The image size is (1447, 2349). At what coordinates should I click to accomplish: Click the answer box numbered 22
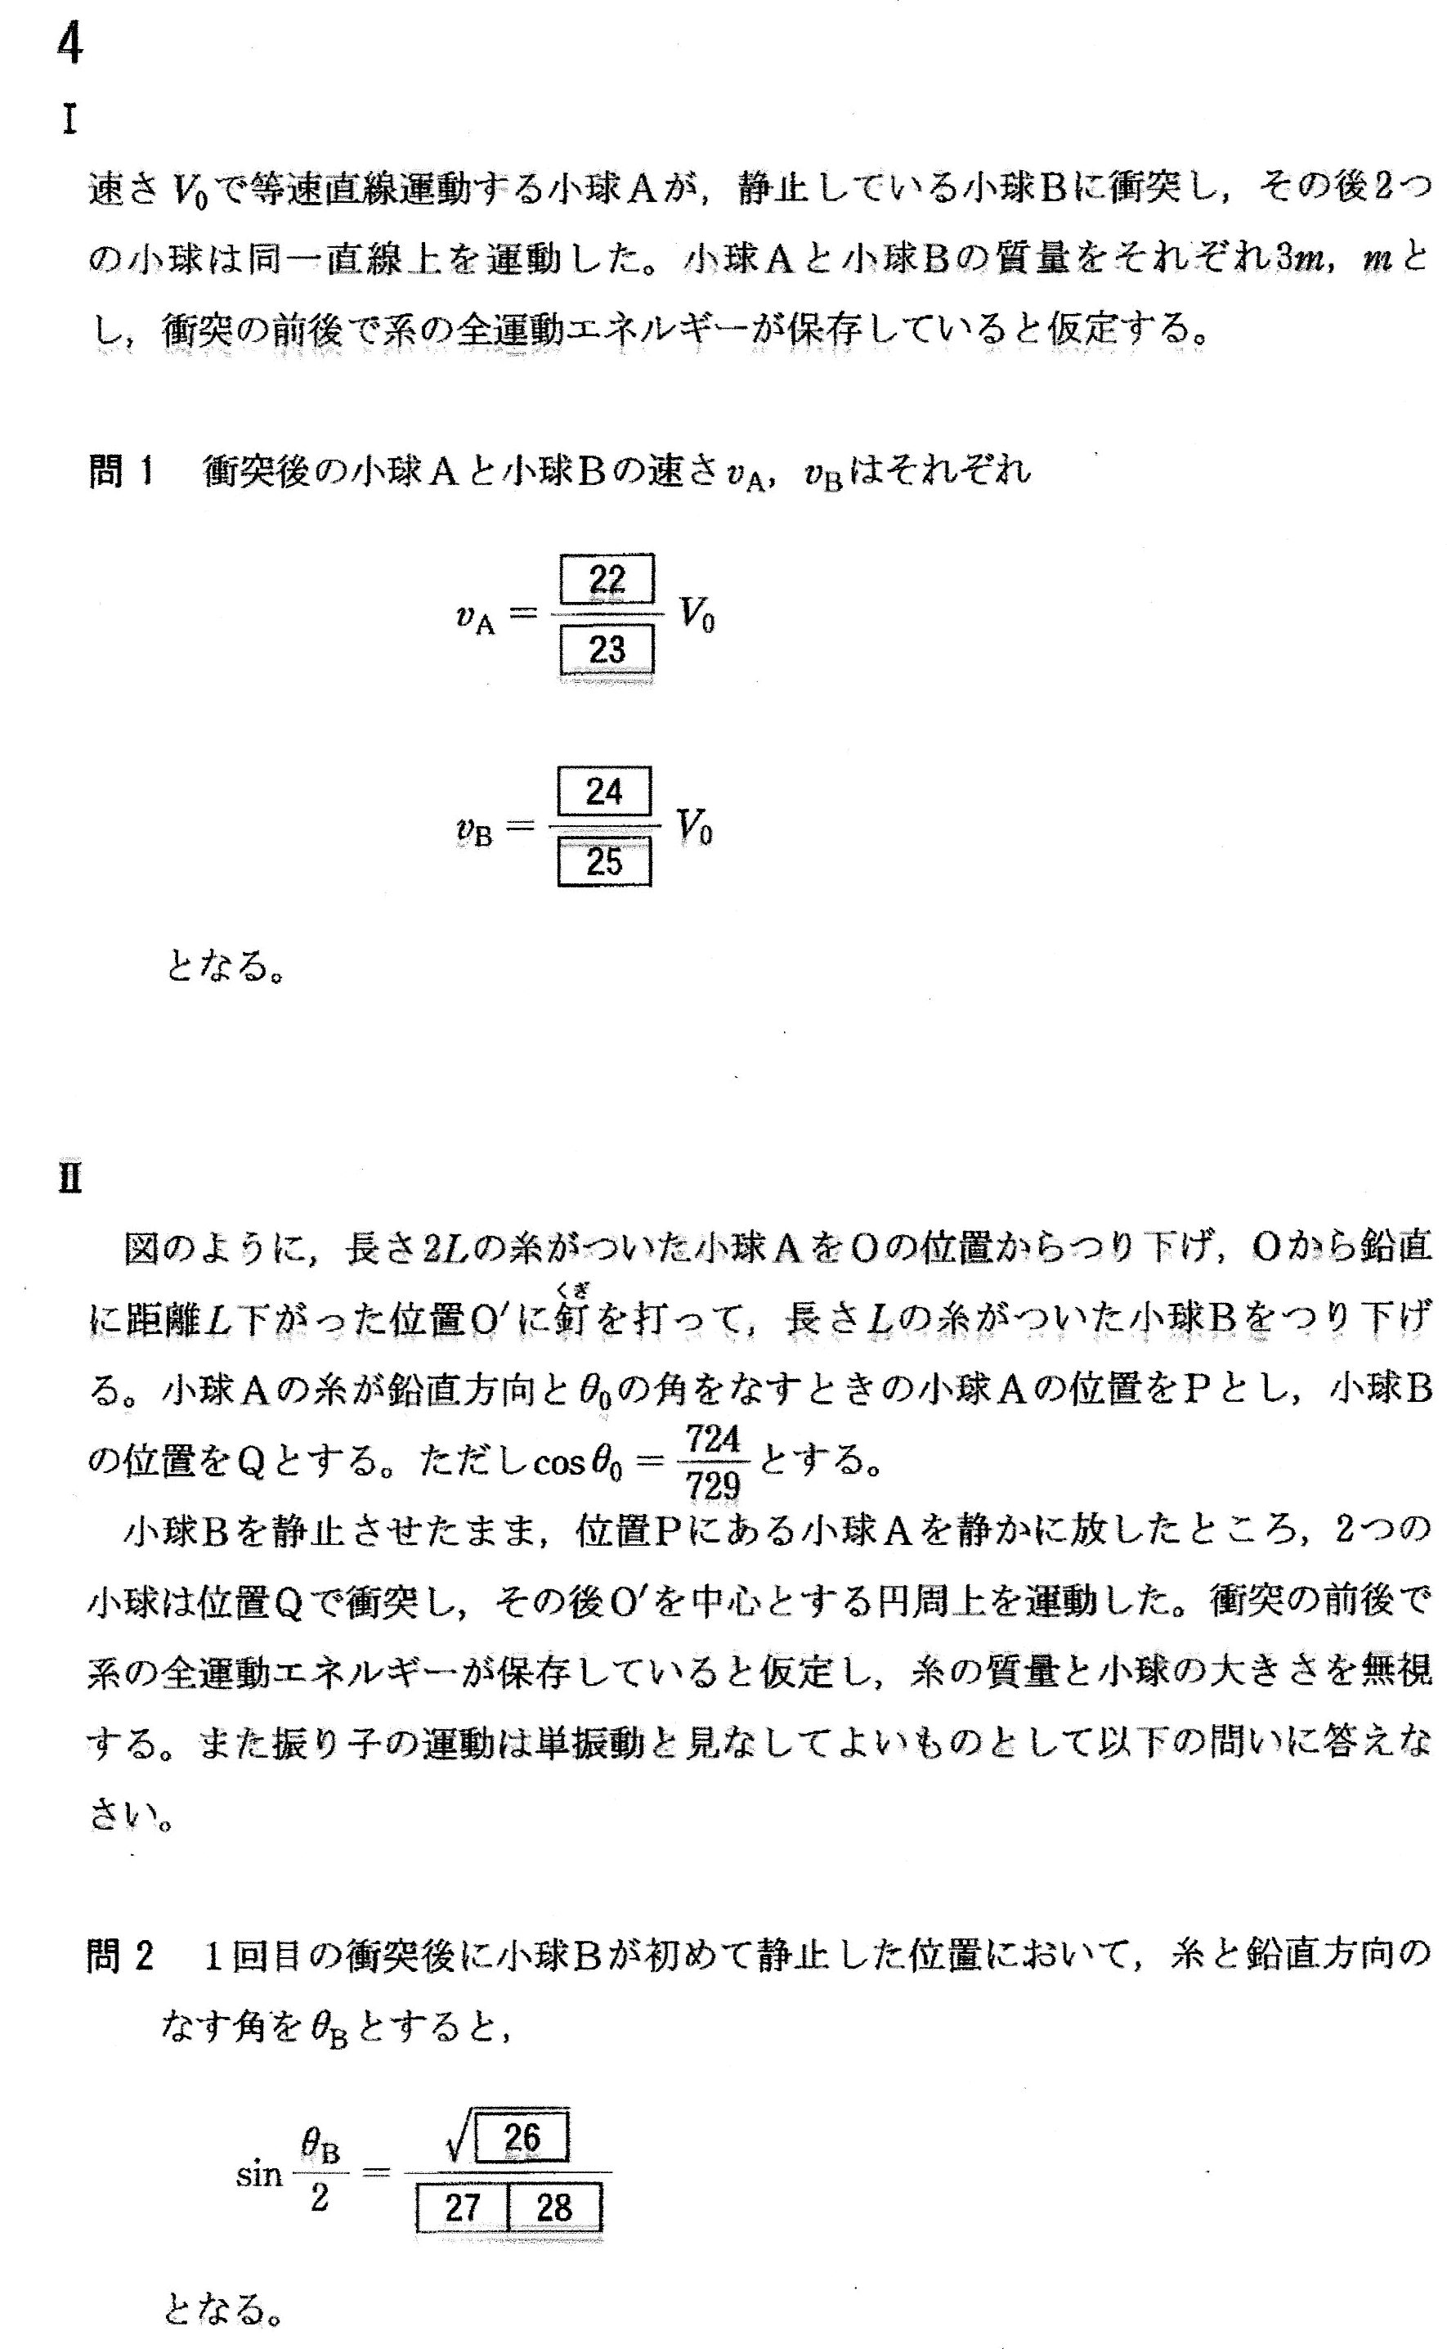606,579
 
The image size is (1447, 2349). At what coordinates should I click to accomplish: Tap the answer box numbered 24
604,792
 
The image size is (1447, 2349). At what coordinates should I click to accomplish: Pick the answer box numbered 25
604,861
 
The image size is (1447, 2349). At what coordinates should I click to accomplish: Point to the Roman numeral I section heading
69,119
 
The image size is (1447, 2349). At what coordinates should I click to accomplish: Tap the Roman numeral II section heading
69,1179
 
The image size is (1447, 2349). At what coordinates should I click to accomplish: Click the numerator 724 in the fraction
713,1438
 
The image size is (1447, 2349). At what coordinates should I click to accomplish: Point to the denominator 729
713,1484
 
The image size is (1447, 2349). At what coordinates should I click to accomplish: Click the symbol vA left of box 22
475,618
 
